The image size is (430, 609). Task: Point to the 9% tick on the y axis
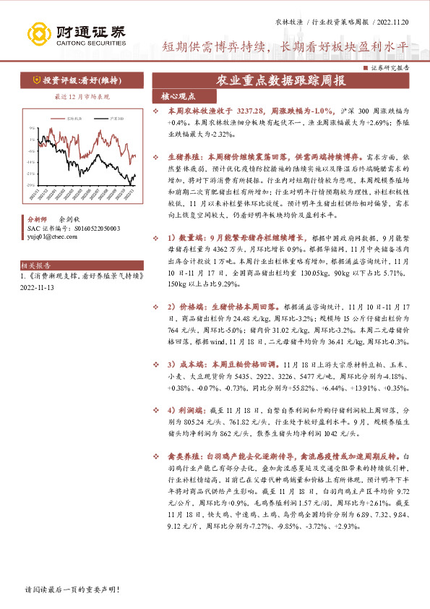click(31, 135)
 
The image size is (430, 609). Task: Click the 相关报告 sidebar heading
click(31, 265)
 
